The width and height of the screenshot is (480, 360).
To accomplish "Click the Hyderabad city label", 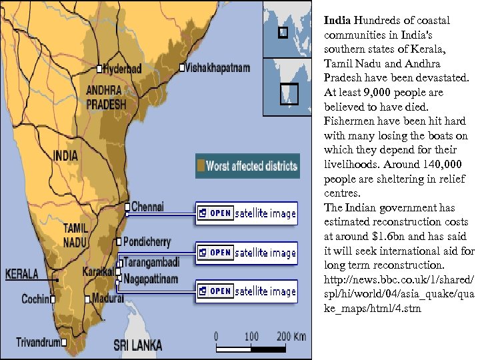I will [x=123, y=69].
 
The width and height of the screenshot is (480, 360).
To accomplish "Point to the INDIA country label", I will [x=65, y=156].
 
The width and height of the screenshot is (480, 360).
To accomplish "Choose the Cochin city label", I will [x=35, y=299].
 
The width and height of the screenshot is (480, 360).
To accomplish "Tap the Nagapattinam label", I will [x=150, y=279].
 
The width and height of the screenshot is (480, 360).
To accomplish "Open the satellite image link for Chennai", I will [x=247, y=213].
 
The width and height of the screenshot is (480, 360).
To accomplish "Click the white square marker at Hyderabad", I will [x=99, y=69].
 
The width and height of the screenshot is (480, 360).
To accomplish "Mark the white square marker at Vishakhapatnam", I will [x=182, y=68].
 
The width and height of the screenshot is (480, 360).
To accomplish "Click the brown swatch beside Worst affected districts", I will [x=200, y=165].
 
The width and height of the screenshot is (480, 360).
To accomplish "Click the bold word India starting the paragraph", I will [x=337, y=21].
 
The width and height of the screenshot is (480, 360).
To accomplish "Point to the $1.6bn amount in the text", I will [x=389, y=236].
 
